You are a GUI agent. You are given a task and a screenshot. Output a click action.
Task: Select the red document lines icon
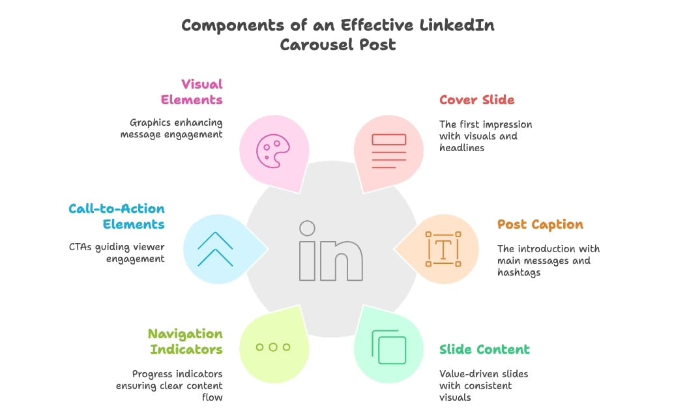[388, 151]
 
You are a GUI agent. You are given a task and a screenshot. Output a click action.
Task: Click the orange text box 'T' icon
[443, 248]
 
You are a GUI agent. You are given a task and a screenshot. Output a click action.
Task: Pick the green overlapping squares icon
[388, 347]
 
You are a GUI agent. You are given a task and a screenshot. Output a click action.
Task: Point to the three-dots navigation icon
[272, 347]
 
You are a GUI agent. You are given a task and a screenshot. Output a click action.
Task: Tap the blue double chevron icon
[216, 248]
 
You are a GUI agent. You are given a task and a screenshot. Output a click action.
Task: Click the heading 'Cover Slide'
[476, 100]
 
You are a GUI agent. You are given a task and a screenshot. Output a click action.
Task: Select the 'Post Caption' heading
[540, 224]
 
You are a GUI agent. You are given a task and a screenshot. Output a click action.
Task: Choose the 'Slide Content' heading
[484, 349]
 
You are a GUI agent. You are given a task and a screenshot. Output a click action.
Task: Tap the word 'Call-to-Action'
[117, 208]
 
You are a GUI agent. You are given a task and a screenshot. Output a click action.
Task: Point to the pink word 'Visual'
[202, 84]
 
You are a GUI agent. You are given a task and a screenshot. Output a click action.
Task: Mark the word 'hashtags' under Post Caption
[519, 272]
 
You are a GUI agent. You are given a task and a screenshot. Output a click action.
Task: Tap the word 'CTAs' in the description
[81, 247]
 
